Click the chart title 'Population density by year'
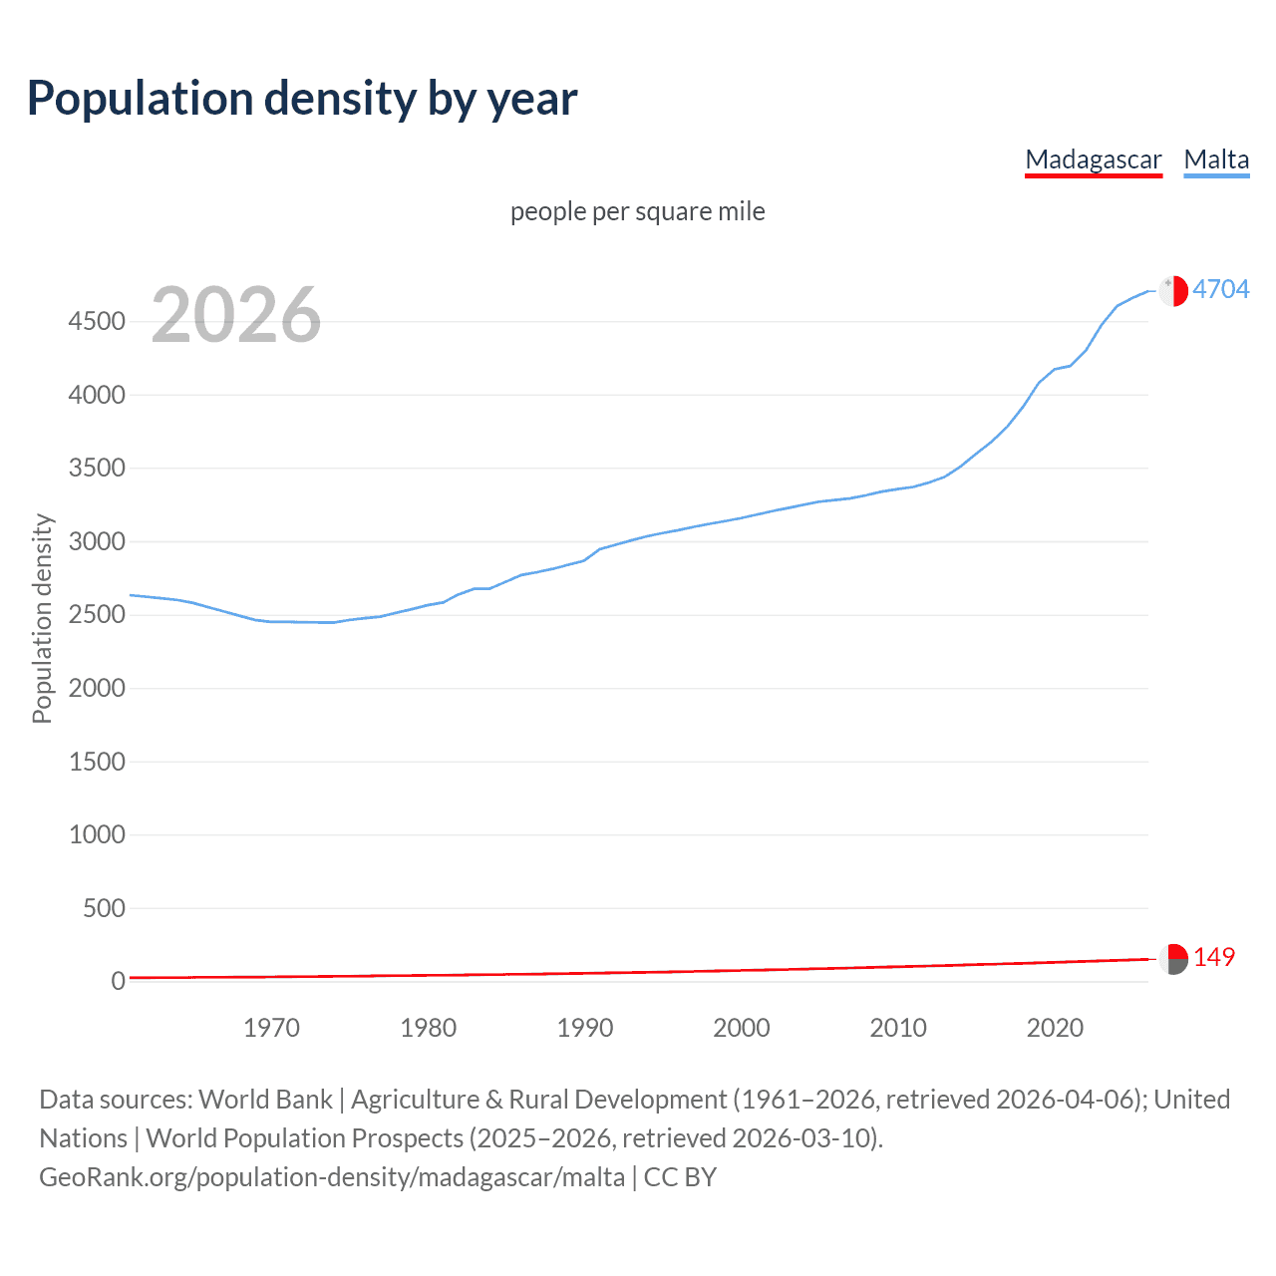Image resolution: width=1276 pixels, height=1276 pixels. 302,99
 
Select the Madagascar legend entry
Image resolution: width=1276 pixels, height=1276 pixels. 1093,159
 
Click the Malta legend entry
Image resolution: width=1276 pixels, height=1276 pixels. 1216,159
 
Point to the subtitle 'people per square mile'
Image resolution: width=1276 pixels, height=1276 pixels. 637,211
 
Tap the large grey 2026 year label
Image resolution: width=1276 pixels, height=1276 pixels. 236,315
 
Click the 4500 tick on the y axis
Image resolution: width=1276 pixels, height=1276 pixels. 97,321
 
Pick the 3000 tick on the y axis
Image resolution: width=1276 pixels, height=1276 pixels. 97,541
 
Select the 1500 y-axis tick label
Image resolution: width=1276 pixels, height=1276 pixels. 97,762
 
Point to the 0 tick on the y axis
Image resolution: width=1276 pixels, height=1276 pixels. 118,981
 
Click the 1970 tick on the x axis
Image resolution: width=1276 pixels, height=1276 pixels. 271,1028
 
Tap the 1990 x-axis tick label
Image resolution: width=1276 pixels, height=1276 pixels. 585,1028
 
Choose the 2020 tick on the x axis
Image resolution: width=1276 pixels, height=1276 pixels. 1055,1028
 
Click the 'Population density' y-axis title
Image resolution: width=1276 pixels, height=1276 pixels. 42,618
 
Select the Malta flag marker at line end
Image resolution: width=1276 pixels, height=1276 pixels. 1173,290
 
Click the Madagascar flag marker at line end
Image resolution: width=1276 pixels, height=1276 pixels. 1173,959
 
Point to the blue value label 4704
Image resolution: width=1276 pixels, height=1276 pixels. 1220,289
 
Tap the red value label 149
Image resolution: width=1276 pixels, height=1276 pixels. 1213,957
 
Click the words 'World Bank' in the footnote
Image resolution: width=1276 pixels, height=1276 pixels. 265,1100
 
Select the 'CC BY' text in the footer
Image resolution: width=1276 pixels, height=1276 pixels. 680,1177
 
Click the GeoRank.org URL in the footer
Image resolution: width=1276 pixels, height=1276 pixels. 332,1177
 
